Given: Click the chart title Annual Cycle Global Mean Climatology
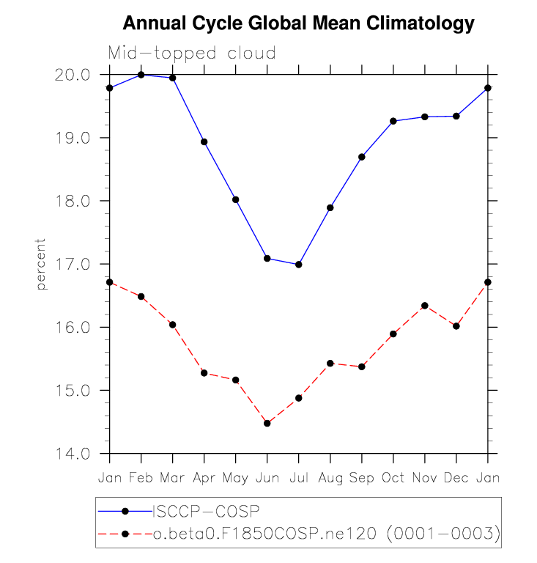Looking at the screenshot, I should pos(298,23).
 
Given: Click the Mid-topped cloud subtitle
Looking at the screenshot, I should pos(191,54).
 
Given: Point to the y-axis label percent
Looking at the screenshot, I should pos(42,264).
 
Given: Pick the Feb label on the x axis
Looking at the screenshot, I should pos(141,477).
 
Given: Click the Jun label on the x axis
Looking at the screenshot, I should pos(267,477).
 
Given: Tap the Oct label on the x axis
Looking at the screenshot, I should pos(393,477).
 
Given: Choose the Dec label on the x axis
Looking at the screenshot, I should pos(456,477).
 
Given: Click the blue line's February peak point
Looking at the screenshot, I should pos(141,75).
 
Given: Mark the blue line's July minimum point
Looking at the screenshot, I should pos(299,265).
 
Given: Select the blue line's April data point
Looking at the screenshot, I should pos(204,141).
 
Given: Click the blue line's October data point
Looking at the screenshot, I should pos(393,121).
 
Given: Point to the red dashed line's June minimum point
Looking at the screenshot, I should pos(267,423).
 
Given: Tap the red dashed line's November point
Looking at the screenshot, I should pos(425,306).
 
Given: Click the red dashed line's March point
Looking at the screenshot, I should pos(173,324).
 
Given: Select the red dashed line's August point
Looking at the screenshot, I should pos(330,363).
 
